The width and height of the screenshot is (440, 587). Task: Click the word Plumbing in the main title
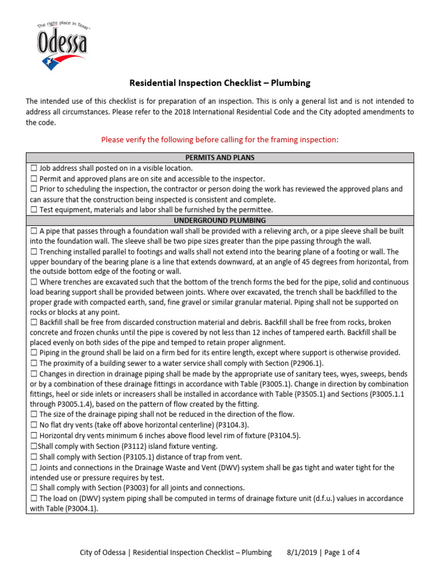click(x=290, y=83)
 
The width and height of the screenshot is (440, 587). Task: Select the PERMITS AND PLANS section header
click(x=220, y=158)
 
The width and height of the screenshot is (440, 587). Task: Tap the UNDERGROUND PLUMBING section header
click(x=220, y=220)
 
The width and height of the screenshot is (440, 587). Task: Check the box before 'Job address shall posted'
click(x=33, y=169)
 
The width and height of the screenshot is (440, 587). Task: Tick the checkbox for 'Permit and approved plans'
click(x=33, y=179)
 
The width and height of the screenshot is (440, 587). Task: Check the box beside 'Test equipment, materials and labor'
click(x=33, y=210)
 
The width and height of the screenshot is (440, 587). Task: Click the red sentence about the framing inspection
click(x=220, y=139)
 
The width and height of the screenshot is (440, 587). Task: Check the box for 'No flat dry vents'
click(x=33, y=425)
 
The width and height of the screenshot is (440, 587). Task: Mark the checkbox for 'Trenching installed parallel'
click(x=33, y=252)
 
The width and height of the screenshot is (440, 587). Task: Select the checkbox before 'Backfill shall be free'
click(x=33, y=323)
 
